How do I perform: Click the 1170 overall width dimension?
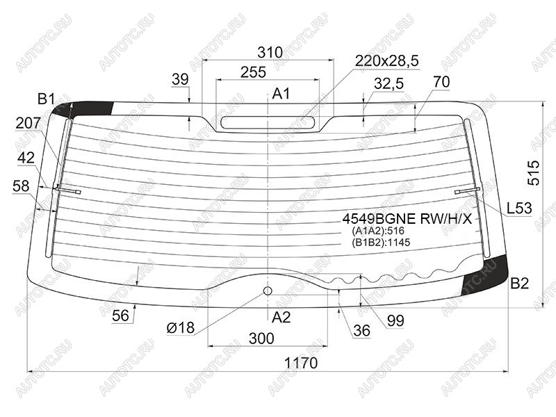(301, 363)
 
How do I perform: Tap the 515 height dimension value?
(533, 172)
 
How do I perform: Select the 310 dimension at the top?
(270, 53)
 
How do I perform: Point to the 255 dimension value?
(253, 72)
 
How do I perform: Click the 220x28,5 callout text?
(387, 60)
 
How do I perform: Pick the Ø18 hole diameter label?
(181, 328)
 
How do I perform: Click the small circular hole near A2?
(268, 291)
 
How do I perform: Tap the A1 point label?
(281, 94)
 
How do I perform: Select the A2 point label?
(281, 318)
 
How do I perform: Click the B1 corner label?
(46, 99)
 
